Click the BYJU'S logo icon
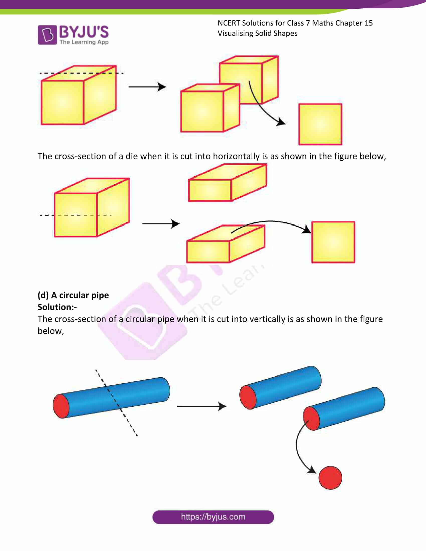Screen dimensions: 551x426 pyautogui.click(x=47, y=35)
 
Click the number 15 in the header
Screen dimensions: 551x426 pyautogui.click(x=368, y=23)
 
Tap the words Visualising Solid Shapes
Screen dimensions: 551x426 pyautogui.click(x=257, y=33)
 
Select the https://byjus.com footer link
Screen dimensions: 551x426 pyautogui.click(x=213, y=517)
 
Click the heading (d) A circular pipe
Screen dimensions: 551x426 pyautogui.click(x=73, y=295)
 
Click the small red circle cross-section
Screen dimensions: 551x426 pyautogui.click(x=330, y=478)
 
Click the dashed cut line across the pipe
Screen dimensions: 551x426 pyautogui.click(x=117, y=404)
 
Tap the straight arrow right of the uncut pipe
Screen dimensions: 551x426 pyautogui.click(x=201, y=406)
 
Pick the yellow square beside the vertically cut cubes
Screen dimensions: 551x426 pyautogui.click(x=320, y=124)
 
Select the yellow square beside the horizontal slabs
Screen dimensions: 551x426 pyautogui.click(x=333, y=242)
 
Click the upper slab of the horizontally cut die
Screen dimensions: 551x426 pyautogui.click(x=227, y=183)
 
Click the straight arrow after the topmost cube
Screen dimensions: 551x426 pyautogui.click(x=147, y=87)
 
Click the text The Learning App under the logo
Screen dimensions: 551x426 pyautogui.click(x=84, y=42)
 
